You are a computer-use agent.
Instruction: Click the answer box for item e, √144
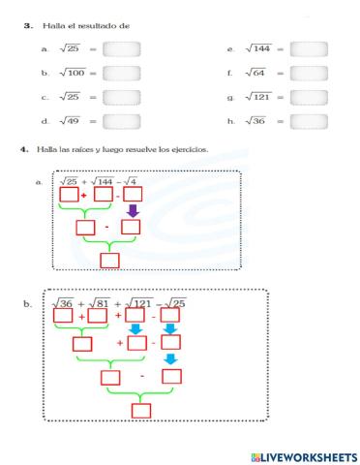tap(309, 47)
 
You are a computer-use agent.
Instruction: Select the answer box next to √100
tap(121, 72)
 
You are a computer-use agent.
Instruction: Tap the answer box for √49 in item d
tap(121, 120)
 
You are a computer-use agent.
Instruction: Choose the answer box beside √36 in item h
tap(309, 120)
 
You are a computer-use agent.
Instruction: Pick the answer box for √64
tap(309, 72)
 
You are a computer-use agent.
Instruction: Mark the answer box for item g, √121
tap(309, 96)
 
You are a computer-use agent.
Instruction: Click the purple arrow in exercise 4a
tap(134, 211)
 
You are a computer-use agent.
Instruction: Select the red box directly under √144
tap(104, 196)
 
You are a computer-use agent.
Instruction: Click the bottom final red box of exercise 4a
tap(109, 259)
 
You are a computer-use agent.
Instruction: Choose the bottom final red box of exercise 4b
tap(141, 411)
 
